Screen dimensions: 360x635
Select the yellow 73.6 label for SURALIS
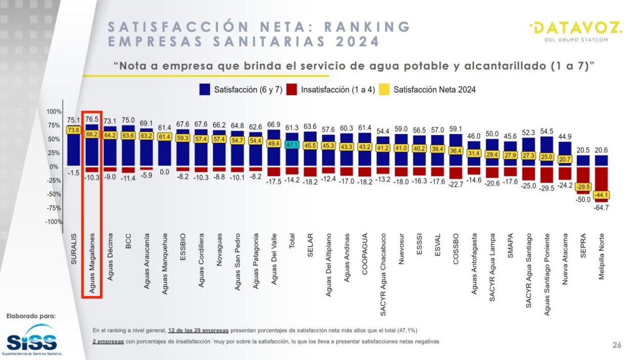(x=73, y=130)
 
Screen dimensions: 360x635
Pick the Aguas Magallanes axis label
(x=92, y=262)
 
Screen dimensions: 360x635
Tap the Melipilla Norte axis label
(x=602, y=255)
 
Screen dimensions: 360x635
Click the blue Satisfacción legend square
(x=204, y=89)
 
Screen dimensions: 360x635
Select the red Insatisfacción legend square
(x=292, y=89)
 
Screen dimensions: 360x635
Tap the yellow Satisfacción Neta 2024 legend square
(x=384, y=89)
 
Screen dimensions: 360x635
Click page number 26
(x=617, y=345)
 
